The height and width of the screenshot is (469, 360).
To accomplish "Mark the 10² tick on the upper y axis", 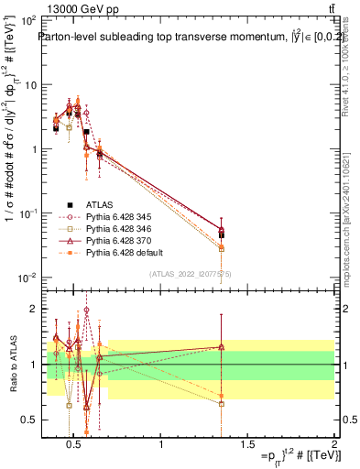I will pyautogui.click(x=27, y=20).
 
